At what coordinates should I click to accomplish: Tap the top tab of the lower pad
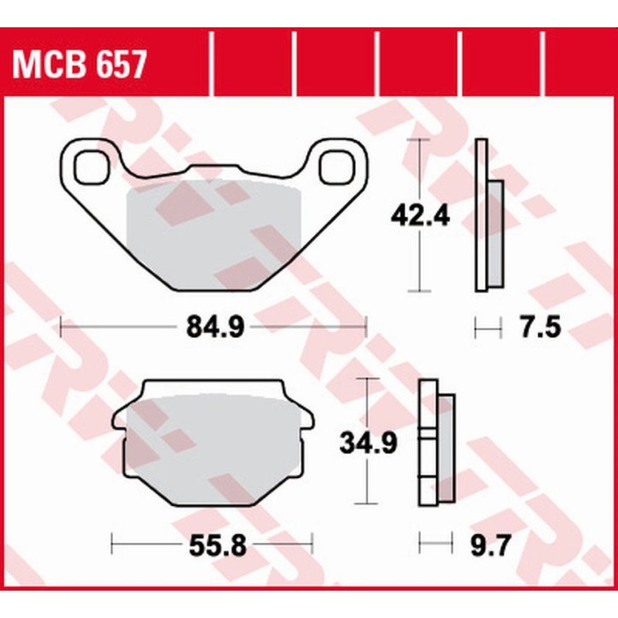point(213,388)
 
